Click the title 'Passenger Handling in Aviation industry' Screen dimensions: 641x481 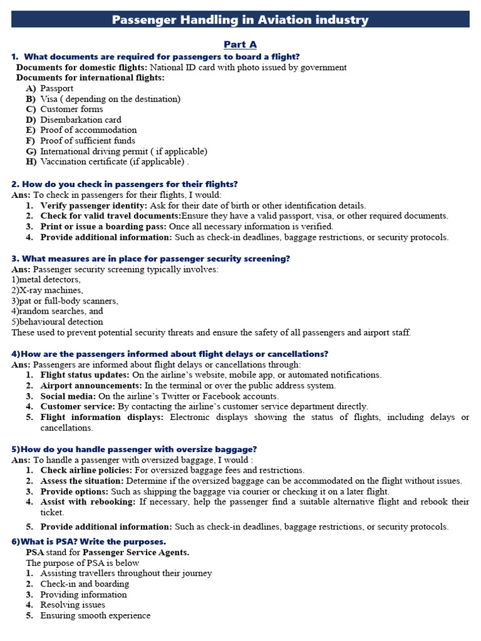(x=240, y=19)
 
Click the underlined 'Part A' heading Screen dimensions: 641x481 (x=240, y=44)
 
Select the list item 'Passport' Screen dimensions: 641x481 (x=57, y=88)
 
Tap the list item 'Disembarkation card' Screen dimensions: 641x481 (x=81, y=120)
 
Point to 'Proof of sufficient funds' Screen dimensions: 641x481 (x=88, y=141)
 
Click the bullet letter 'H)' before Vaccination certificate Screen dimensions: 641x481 (x=31, y=162)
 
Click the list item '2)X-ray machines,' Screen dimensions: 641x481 (x=47, y=290)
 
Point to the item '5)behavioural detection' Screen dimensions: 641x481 (x=57, y=322)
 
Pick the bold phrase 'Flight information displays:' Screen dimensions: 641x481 (x=102, y=417)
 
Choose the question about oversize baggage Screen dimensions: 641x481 (x=134, y=449)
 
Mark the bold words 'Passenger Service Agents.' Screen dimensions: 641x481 (x=136, y=553)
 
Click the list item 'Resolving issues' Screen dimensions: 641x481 (x=73, y=605)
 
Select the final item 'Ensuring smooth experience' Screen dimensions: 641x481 (x=95, y=616)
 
